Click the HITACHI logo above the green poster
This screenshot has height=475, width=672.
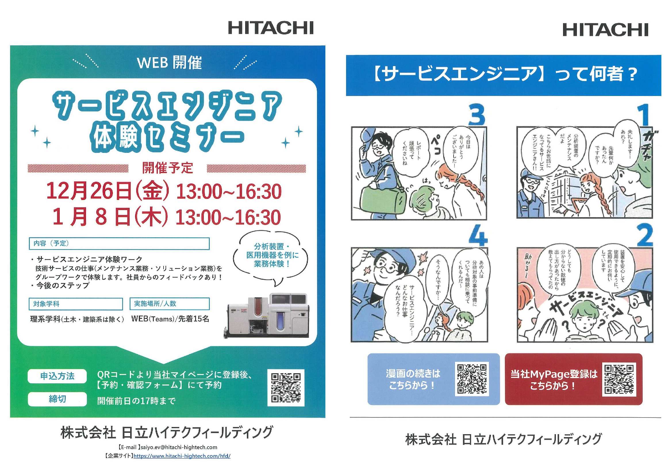pos(271,28)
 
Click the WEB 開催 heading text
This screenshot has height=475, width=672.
pos(170,62)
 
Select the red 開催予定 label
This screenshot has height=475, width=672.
pos(167,168)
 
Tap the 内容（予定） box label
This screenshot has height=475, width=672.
pos(51,243)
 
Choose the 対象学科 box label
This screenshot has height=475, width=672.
pos(46,304)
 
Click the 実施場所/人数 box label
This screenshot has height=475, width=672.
pos(155,304)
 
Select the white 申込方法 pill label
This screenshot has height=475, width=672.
pos(57,376)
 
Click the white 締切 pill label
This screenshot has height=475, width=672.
pos(57,399)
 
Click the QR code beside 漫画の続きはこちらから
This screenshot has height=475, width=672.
pos(472,379)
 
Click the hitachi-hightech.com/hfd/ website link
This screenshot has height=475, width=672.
pos(182,456)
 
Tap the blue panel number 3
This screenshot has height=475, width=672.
pos(477,115)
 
